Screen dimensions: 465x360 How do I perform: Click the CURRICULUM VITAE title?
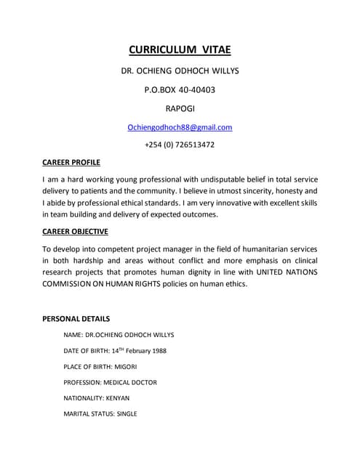pyautogui.click(x=180, y=50)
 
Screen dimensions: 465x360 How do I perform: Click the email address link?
pyautogui.click(x=180, y=127)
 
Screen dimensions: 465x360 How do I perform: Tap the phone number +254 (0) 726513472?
pyautogui.click(x=180, y=145)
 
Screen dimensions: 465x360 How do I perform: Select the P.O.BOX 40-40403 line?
pyautogui.click(x=180, y=90)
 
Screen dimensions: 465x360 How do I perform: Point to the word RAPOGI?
pyautogui.click(x=180, y=109)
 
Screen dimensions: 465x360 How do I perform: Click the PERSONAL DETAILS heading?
pyautogui.click(x=76, y=318)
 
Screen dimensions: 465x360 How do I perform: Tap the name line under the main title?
pyautogui.click(x=180, y=72)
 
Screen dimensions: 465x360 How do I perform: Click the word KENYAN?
pyautogui.click(x=119, y=398)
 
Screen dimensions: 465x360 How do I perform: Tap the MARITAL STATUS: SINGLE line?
pyautogui.click(x=100, y=414)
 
